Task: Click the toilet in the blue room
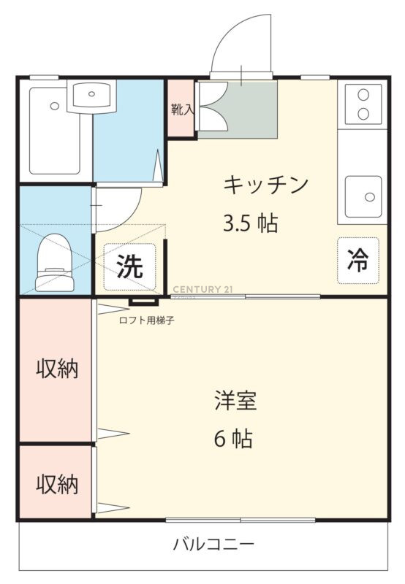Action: (54, 263)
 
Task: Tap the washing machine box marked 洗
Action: (129, 266)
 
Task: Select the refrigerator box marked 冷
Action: (358, 261)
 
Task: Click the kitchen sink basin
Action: (363, 196)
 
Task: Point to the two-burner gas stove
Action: (363, 104)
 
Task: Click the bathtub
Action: (54, 131)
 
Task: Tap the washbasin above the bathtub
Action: (91, 96)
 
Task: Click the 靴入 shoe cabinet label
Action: (182, 109)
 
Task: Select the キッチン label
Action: (266, 185)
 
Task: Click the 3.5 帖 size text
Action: (250, 223)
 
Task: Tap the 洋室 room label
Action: (235, 400)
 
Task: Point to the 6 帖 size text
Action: (233, 438)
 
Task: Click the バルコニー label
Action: (213, 545)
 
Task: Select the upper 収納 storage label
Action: (57, 369)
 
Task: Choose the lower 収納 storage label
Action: (57, 484)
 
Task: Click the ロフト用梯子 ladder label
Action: (146, 320)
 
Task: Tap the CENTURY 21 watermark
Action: (203, 289)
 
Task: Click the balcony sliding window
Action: (241, 520)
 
